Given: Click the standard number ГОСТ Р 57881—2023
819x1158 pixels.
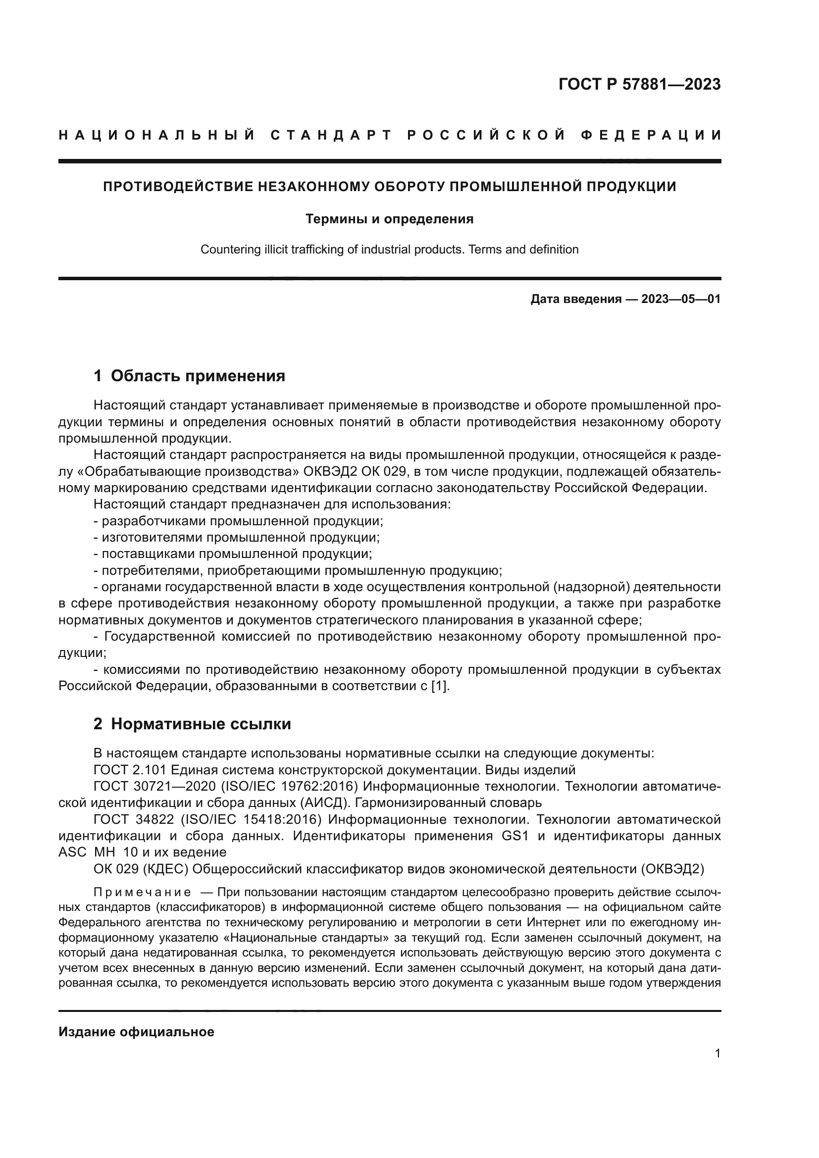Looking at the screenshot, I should point(639,84).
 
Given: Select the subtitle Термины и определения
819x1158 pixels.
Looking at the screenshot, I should point(389,219).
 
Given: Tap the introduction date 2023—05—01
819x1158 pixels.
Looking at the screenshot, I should point(680,299).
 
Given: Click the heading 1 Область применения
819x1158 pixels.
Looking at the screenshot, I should point(189,376).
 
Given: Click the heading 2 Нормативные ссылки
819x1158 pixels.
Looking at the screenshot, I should point(192,724).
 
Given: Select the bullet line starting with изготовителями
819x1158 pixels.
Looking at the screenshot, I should point(237,537).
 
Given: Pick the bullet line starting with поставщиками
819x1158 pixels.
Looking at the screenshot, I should point(233,554).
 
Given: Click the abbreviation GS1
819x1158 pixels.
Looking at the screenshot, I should point(515,836).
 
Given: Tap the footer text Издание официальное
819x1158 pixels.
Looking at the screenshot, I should point(136,1032).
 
